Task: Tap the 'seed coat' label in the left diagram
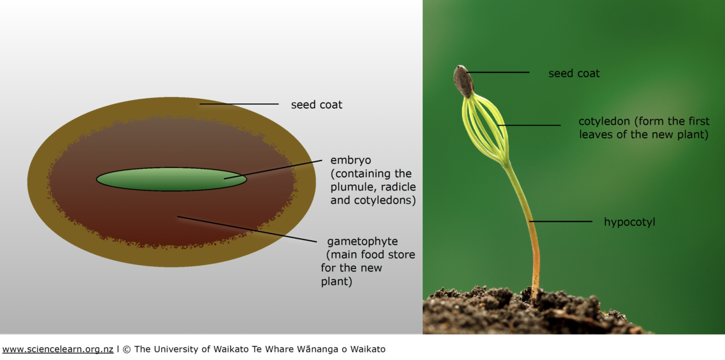pyautogui.click(x=316, y=105)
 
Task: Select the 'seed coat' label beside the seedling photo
pyautogui.click(x=574, y=73)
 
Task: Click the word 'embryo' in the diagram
pyautogui.click(x=350, y=160)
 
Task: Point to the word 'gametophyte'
pyautogui.click(x=362, y=241)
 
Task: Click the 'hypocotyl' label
pyautogui.click(x=629, y=222)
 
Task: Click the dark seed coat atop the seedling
pyautogui.click(x=463, y=81)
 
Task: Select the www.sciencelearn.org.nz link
pyautogui.click(x=58, y=349)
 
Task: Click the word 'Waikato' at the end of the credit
pyautogui.click(x=366, y=349)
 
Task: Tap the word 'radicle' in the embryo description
pyautogui.click(x=398, y=187)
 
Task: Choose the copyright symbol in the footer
pyautogui.click(x=126, y=349)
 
